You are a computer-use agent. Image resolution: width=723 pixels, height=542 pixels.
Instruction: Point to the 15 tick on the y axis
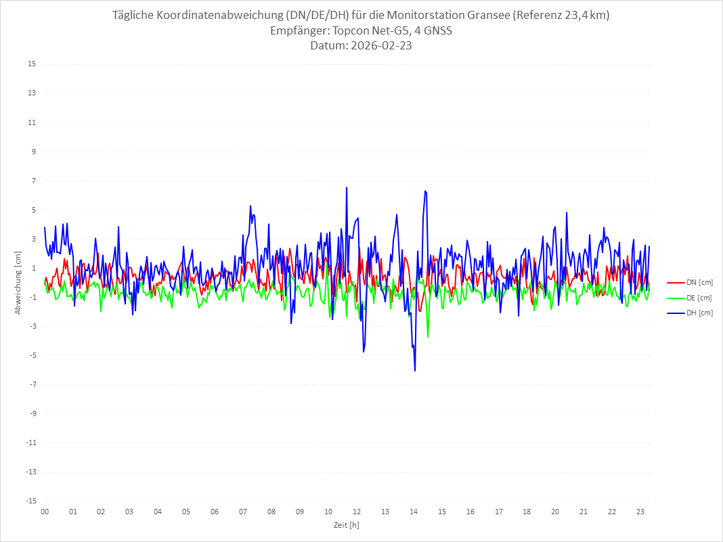click(x=31, y=64)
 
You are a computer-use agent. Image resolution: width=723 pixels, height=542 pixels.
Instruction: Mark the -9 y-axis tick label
click(x=31, y=413)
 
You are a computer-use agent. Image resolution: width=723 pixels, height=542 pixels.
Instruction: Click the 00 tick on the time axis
click(x=45, y=512)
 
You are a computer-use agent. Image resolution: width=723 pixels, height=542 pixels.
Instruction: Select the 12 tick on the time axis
click(x=357, y=512)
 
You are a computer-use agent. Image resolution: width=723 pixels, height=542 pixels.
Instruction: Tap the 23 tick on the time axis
click(x=640, y=512)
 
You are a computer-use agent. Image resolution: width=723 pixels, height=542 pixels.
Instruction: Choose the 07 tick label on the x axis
click(x=243, y=512)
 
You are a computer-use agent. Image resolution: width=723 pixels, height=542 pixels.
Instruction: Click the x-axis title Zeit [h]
click(x=347, y=524)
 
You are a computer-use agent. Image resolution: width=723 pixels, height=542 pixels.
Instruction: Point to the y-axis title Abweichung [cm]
click(x=18, y=283)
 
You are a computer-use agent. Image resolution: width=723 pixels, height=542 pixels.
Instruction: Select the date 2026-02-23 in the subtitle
click(x=379, y=46)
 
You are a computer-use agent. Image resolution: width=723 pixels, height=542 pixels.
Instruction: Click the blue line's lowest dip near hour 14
click(x=415, y=370)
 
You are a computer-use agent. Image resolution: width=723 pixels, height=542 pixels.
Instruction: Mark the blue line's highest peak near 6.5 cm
click(x=347, y=187)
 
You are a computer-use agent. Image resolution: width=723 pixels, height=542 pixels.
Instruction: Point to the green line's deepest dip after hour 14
click(x=428, y=336)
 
